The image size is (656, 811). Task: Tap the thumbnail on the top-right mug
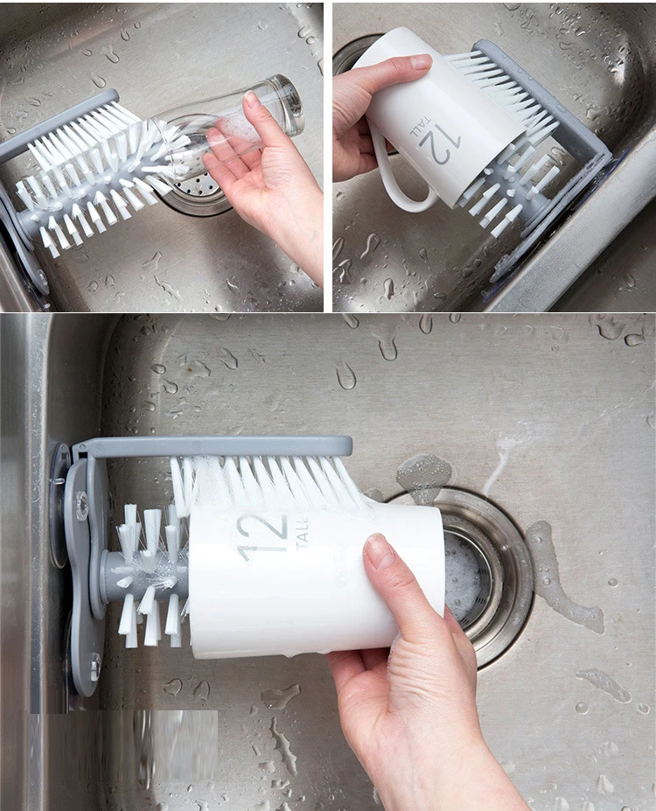click(x=421, y=62)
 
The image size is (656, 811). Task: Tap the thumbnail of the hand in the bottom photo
click(x=380, y=551)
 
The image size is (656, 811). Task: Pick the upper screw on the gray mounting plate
click(x=82, y=505)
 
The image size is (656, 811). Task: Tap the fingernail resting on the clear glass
click(x=252, y=99)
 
